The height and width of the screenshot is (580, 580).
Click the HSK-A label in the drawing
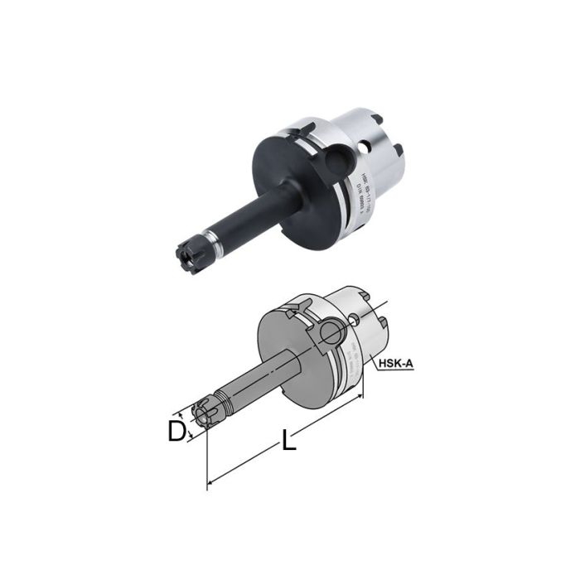pos(397,363)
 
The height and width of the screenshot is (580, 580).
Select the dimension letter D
pos(176,431)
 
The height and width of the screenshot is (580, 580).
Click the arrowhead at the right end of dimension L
pos(361,398)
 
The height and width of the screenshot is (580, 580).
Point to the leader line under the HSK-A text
pos(389,371)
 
